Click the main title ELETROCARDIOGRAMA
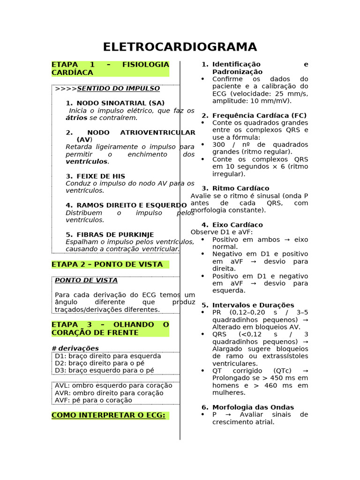180,47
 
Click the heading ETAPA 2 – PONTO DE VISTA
107,264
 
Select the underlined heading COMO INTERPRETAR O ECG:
108,415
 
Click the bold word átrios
76,118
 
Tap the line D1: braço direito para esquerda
108,356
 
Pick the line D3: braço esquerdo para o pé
104,370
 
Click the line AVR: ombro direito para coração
109,393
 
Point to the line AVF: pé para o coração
93,400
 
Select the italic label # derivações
75,348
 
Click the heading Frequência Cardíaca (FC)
259,115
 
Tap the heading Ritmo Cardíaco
240,188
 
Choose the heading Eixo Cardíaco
237,225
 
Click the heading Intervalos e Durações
253,305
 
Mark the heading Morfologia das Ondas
253,407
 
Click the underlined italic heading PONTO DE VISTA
86,280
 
